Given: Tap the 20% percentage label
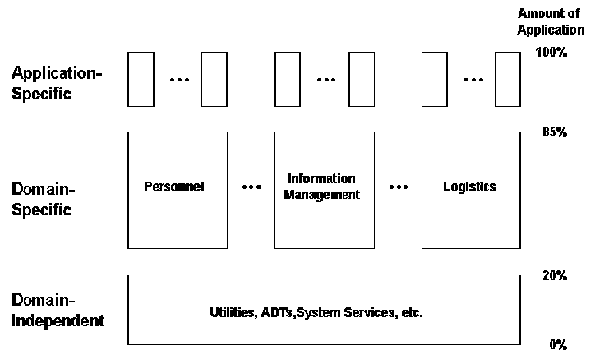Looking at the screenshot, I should (555, 275).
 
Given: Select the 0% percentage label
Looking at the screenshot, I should (558, 344).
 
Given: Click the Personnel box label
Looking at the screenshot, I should (173, 187).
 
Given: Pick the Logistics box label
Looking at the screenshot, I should (469, 187).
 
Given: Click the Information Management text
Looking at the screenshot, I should (323, 187).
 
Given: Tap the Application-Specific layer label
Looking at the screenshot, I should (57, 83).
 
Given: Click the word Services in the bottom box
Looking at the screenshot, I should (360, 313).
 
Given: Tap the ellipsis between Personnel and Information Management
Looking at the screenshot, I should (251, 187).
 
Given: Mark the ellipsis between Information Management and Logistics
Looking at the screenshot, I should (399, 187).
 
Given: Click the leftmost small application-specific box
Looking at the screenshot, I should (141, 79).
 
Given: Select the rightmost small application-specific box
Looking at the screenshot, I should (509, 79).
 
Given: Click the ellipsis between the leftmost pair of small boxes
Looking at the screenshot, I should (178, 80).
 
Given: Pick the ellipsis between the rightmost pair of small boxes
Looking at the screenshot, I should (473, 80).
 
